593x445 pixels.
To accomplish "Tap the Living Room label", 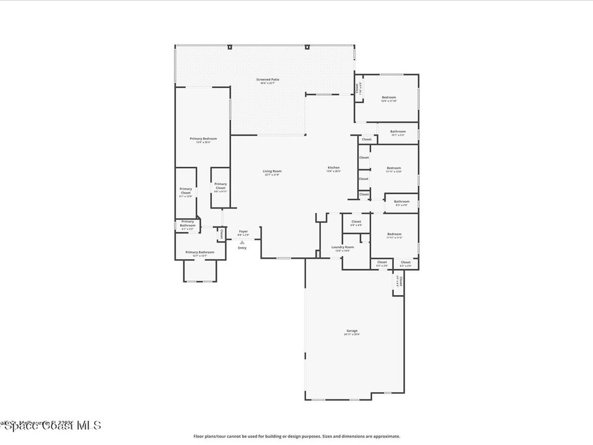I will tap(272, 172).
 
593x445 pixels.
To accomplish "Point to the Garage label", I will tap(352, 332).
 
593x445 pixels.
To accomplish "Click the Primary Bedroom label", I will tap(203, 140).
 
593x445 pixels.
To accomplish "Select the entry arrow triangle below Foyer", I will tap(242, 242).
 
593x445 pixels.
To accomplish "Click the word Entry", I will tap(242, 248).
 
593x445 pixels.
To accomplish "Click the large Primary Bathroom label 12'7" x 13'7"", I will tap(200, 253).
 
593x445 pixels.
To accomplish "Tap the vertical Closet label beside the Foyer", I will tap(222, 234).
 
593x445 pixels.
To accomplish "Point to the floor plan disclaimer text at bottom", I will tap(296, 436).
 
